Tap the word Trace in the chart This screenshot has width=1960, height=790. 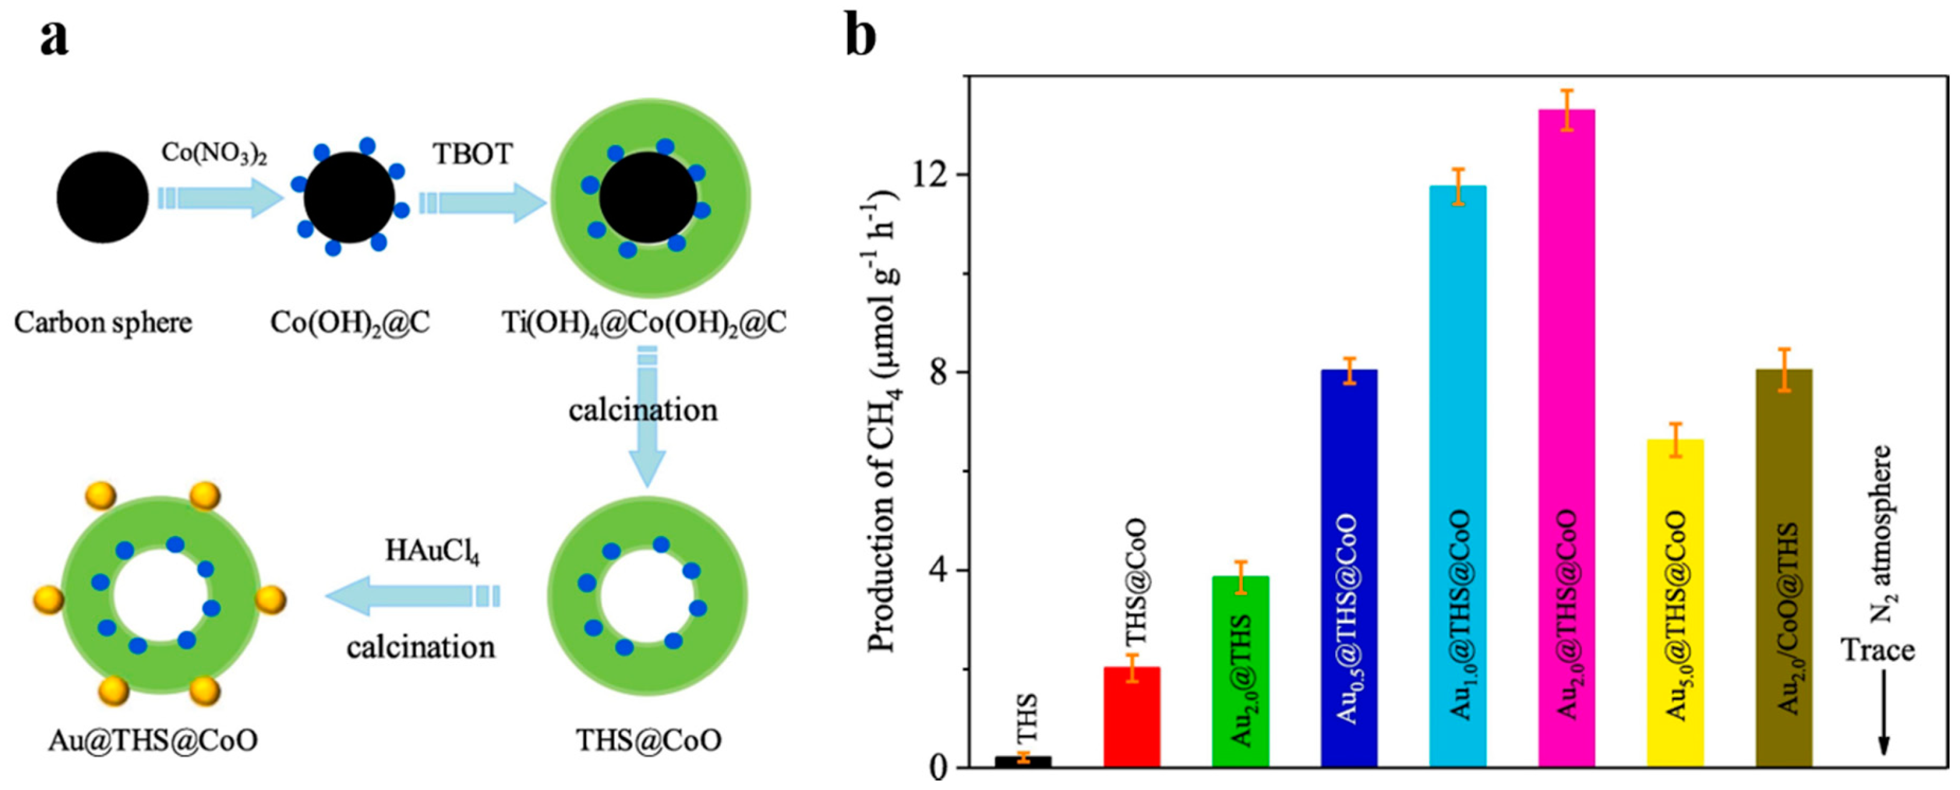[x=1877, y=651]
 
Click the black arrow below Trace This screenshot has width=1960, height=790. [x=1883, y=715]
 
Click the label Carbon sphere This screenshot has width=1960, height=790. [x=103, y=323]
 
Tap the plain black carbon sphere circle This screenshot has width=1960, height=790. [x=103, y=198]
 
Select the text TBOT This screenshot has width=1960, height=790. [x=472, y=154]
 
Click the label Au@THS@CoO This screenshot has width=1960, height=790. [x=152, y=740]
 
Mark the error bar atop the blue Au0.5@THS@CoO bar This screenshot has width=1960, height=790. [x=1349, y=370]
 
